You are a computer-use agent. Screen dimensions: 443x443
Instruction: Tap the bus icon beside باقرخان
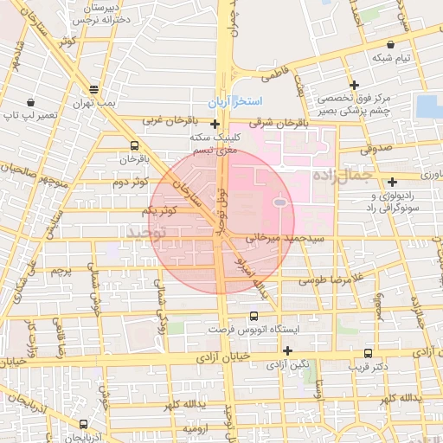tap(133, 145)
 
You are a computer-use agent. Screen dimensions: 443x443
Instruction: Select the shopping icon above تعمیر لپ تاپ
tap(31, 101)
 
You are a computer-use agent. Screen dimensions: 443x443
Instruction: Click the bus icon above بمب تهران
tap(93, 89)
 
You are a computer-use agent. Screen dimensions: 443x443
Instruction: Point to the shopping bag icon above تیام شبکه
tap(392, 44)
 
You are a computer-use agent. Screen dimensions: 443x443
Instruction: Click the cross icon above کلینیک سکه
tap(215, 124)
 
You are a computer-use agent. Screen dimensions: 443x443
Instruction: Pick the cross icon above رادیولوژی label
tap(393, 182)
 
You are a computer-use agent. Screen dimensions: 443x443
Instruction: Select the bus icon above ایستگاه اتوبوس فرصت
tap(254, 317)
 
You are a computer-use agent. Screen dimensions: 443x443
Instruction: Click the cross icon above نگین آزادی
tap(287, 350)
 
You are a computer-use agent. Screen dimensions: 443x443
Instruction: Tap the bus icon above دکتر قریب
tap(369, 353)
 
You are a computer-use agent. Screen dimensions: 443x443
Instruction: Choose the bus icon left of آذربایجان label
tap(83, 424)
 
